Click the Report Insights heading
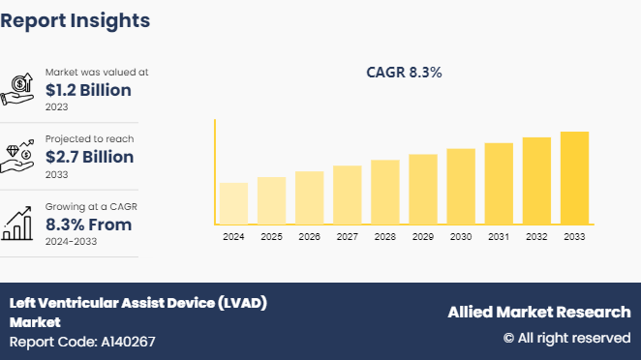[75, 19]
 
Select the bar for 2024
[233, 203]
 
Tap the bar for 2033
[574, 178]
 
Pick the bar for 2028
[384, 192]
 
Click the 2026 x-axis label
[309, 237]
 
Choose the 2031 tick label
[499, 237]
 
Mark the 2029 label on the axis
[423, 237]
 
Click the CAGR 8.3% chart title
[404, 73]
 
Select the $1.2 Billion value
[89, 90]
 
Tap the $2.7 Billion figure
[90, 157]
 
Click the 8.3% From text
[89, 225]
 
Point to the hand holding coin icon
[19, 89]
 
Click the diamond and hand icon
[19, 156]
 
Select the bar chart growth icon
[19, 224]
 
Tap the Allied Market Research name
[538, 312]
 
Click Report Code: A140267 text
[82, 342]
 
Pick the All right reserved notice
[566, 338]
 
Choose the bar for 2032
[536, 181]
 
